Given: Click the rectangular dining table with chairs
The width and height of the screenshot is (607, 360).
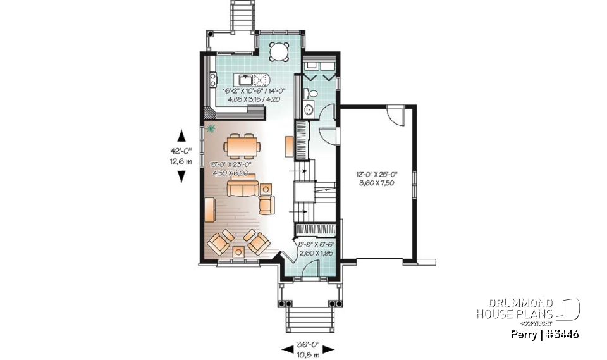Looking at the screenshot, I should click(243, 146).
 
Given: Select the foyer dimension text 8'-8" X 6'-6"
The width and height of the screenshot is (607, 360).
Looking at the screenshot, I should click(316, 244).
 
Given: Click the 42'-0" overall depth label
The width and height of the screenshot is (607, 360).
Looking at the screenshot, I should click(181, 151).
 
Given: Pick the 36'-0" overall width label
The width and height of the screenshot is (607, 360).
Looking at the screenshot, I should click(308, 344).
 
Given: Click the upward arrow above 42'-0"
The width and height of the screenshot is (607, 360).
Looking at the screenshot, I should click(181, 135).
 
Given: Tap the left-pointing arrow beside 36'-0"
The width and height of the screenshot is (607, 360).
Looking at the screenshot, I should click(286, 349).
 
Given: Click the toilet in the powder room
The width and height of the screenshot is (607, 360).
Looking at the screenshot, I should click(308, 94).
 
